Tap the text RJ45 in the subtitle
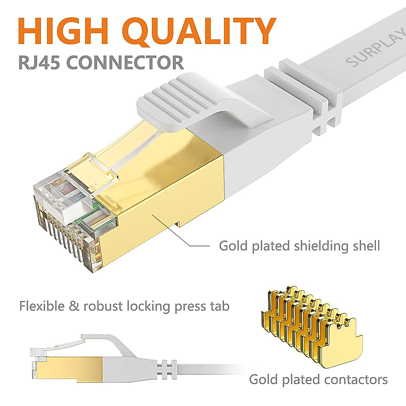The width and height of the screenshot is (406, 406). tap(40, 63)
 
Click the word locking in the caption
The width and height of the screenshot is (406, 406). tap(149, 307)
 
